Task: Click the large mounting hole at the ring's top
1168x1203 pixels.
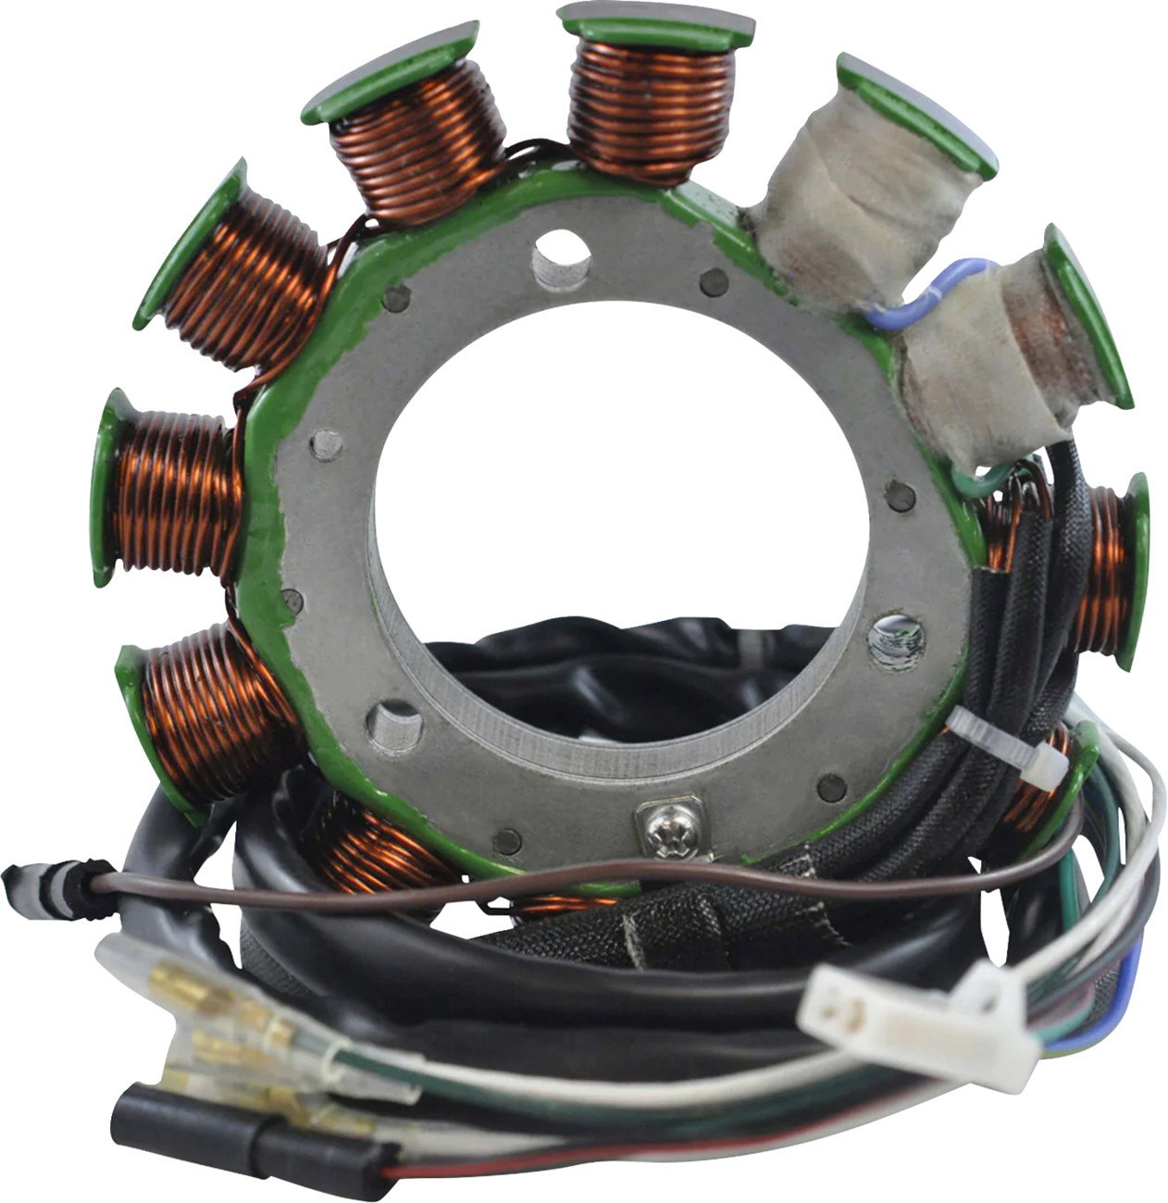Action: point(562,257)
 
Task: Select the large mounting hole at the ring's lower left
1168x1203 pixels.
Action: point(394,724)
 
